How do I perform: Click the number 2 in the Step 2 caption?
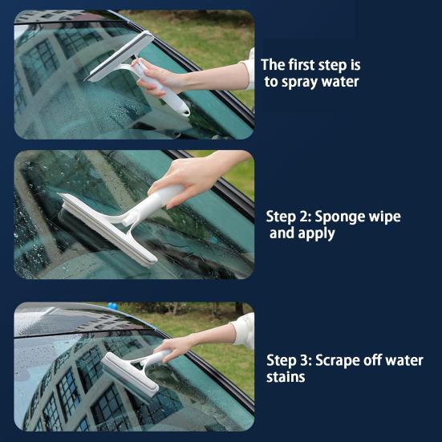click(x=306, y=217)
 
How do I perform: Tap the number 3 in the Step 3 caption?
click(x=306, y=360)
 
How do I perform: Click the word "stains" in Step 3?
click(x=286, y=377)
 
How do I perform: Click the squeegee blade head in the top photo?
click(x=120, y=56)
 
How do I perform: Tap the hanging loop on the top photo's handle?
click(x=185, y=111)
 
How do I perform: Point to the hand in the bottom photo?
click(x=177, y=349)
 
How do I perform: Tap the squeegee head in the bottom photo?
click(x=129, y=375)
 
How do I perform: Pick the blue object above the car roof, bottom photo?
click(x=112, y=306)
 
